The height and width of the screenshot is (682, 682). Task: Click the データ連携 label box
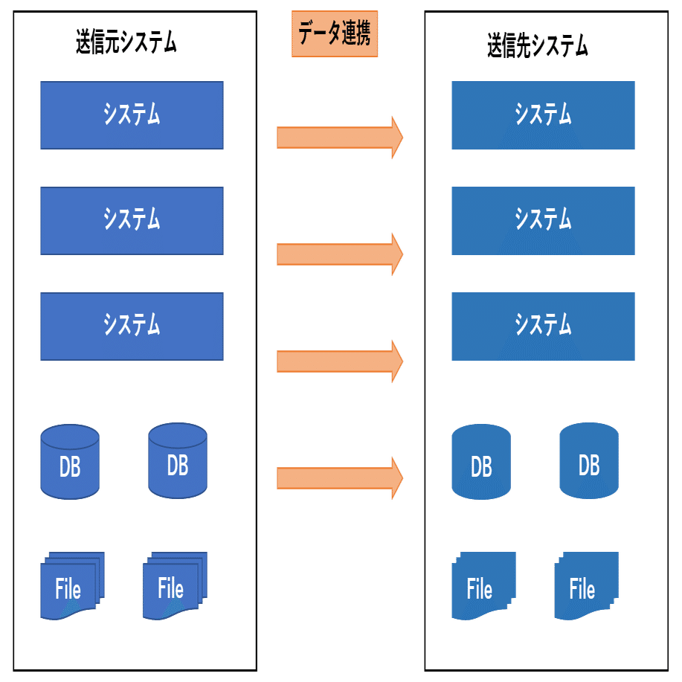(335, 34)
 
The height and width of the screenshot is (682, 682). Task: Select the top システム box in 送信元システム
(132, 115)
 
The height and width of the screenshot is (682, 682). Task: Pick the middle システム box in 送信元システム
(132, 220)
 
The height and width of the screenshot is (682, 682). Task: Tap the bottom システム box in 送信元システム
(132, 326)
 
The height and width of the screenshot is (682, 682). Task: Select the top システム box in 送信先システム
(543, 115)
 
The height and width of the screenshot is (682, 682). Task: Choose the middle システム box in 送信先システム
(543, 220)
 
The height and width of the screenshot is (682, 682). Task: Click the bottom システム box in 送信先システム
(543, 326)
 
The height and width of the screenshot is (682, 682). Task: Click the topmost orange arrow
(339, 138)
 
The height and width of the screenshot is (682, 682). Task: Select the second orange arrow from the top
(339, 254)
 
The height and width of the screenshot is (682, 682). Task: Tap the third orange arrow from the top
(339, 361)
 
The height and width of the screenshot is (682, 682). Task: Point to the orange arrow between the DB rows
(339, 478)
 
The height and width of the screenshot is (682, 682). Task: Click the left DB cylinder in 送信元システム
(70, 462)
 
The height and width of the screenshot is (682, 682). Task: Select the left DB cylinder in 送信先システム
(481, 462)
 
